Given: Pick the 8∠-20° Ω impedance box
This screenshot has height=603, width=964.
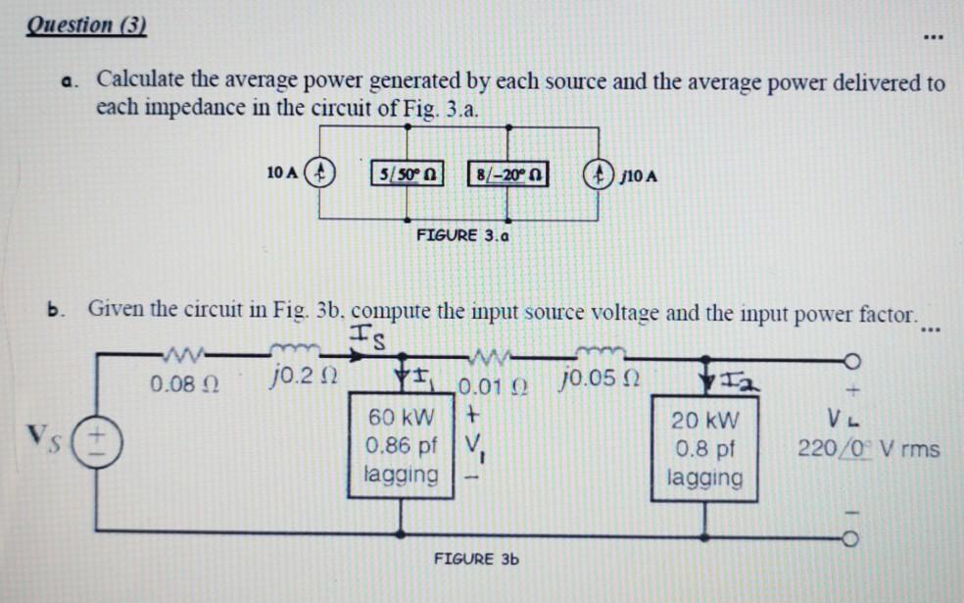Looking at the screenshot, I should (x=507, y=176).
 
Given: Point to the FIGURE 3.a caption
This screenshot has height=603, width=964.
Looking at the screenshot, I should (x=461, y=235).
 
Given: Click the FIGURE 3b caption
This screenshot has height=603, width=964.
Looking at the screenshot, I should (x=476, y=559).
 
